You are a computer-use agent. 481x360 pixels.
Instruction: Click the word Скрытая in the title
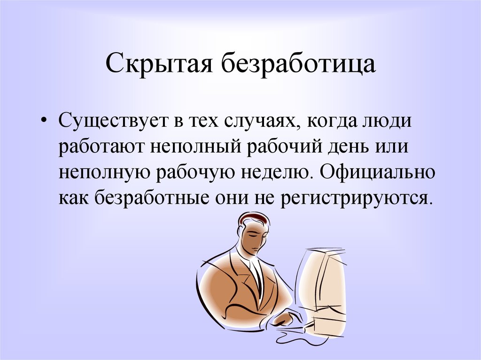click(x=159, y=64)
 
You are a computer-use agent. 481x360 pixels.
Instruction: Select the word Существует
click(x=115, y=121)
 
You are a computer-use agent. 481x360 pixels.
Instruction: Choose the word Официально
click(x=377, y=171)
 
